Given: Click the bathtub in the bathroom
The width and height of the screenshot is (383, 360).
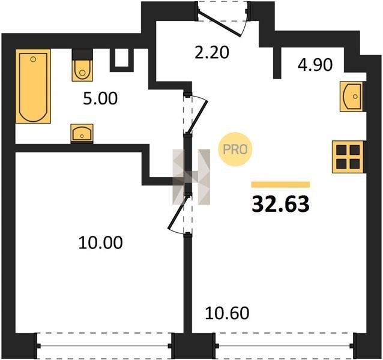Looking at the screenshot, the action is pos(33,86).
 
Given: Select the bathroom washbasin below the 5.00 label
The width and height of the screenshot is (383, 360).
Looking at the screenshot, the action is pos(82,133).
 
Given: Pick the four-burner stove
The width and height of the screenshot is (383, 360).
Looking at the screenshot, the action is pos(348,157).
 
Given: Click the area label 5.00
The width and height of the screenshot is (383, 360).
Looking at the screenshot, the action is pos(100,99).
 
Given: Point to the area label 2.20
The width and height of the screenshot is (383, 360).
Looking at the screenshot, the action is pos(212,52).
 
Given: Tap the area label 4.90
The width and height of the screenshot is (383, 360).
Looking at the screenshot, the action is pos(315,65).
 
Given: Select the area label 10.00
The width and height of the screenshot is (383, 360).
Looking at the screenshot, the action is pos(100,242).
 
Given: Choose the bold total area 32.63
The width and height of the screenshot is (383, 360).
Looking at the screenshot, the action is pos(281,204).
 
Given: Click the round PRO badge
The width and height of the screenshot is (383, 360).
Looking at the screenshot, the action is pos(235,149).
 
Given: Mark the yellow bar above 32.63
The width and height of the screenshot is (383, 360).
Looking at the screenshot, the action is pos(281,185).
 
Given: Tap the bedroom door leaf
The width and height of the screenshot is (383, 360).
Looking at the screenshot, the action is pos(178,212).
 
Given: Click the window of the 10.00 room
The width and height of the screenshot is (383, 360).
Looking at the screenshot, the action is pos(105,346).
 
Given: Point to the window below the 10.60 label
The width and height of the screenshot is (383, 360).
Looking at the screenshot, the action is pos(285,346).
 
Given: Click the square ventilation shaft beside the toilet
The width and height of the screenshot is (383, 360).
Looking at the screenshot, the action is pos(121,60).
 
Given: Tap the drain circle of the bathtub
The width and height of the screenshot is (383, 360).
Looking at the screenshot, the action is pos(33,59).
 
